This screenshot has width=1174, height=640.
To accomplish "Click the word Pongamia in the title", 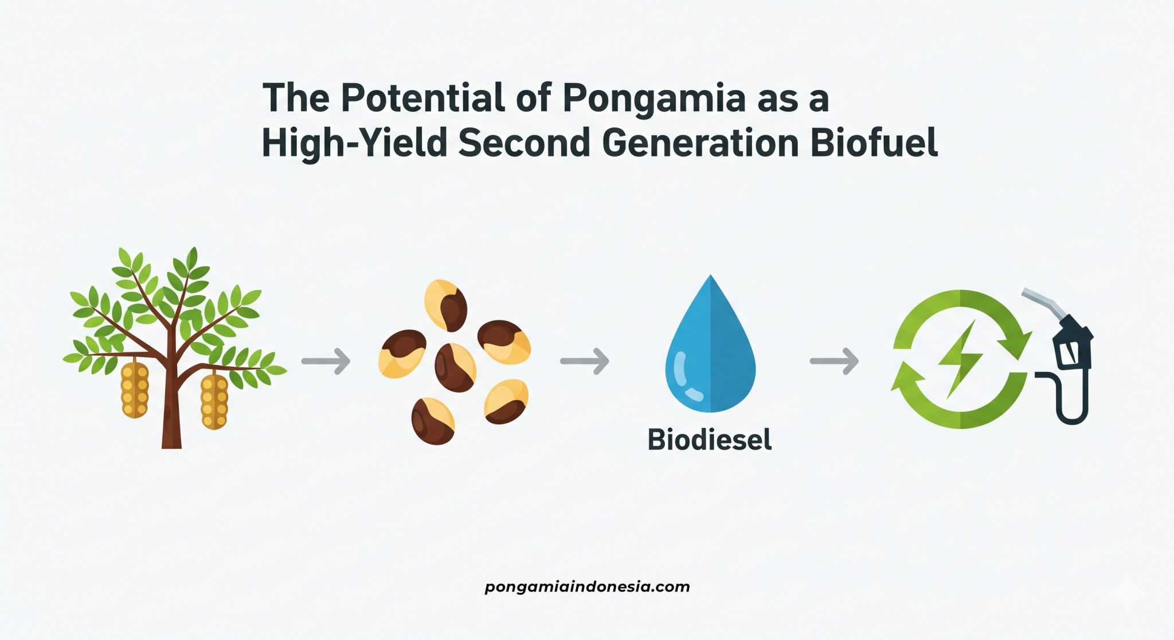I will coord(654,99).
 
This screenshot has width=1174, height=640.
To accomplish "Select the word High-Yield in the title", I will coord(354,143).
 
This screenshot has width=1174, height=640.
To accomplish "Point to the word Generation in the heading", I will coord(701,143).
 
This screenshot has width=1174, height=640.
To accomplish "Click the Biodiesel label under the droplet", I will coord(710,440).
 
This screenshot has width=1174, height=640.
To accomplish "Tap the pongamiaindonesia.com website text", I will coord(587,587).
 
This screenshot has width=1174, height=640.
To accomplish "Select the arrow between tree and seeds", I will coord(326,361).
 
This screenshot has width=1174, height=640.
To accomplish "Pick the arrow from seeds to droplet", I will coord(585,361).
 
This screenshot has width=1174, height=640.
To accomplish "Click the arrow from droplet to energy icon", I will coord(835,361).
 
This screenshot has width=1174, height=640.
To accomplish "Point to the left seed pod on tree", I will coord(135,390).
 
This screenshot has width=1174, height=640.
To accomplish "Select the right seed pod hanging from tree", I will coord(214,401).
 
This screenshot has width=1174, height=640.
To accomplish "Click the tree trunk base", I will coord(171,435).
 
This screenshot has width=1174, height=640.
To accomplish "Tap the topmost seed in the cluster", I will coord(446,305).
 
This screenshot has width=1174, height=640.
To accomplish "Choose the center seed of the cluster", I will coord(455,368).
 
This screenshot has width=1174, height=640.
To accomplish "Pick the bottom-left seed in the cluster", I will coord(433,421).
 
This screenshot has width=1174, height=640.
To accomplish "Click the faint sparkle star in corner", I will coord(1126,592).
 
